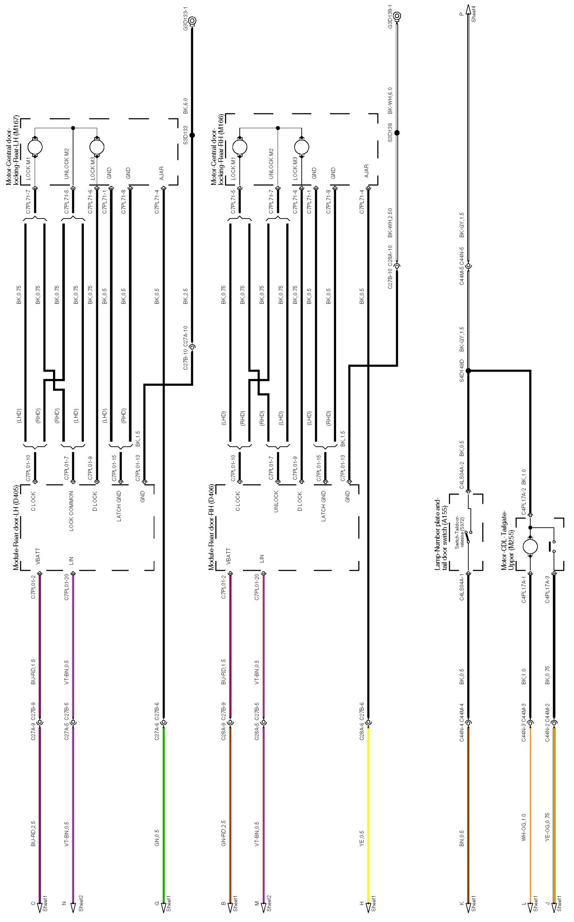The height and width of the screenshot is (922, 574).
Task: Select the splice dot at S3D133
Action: tap(192, 135)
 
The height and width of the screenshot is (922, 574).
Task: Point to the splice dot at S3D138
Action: tap(397, 133)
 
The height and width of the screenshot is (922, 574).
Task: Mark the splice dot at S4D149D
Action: tap(468, 371)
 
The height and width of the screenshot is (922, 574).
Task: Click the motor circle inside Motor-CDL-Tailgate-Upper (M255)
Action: tap(530, 547)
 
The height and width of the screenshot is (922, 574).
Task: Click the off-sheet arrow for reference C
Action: tap(40, 907)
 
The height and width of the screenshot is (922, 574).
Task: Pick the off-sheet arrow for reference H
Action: tap(368, 907)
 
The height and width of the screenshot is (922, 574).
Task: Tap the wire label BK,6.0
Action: tap(185, 106)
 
